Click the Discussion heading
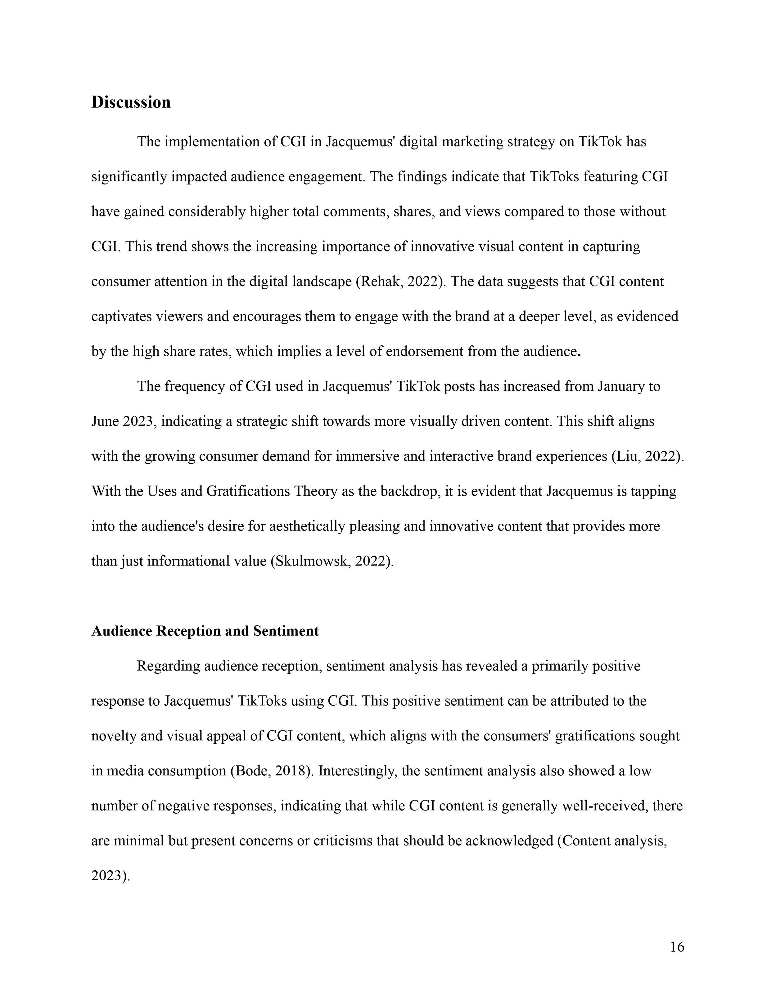tap(131, 102)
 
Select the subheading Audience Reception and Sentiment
tap(205, 631)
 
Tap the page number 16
tap(677, 947)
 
